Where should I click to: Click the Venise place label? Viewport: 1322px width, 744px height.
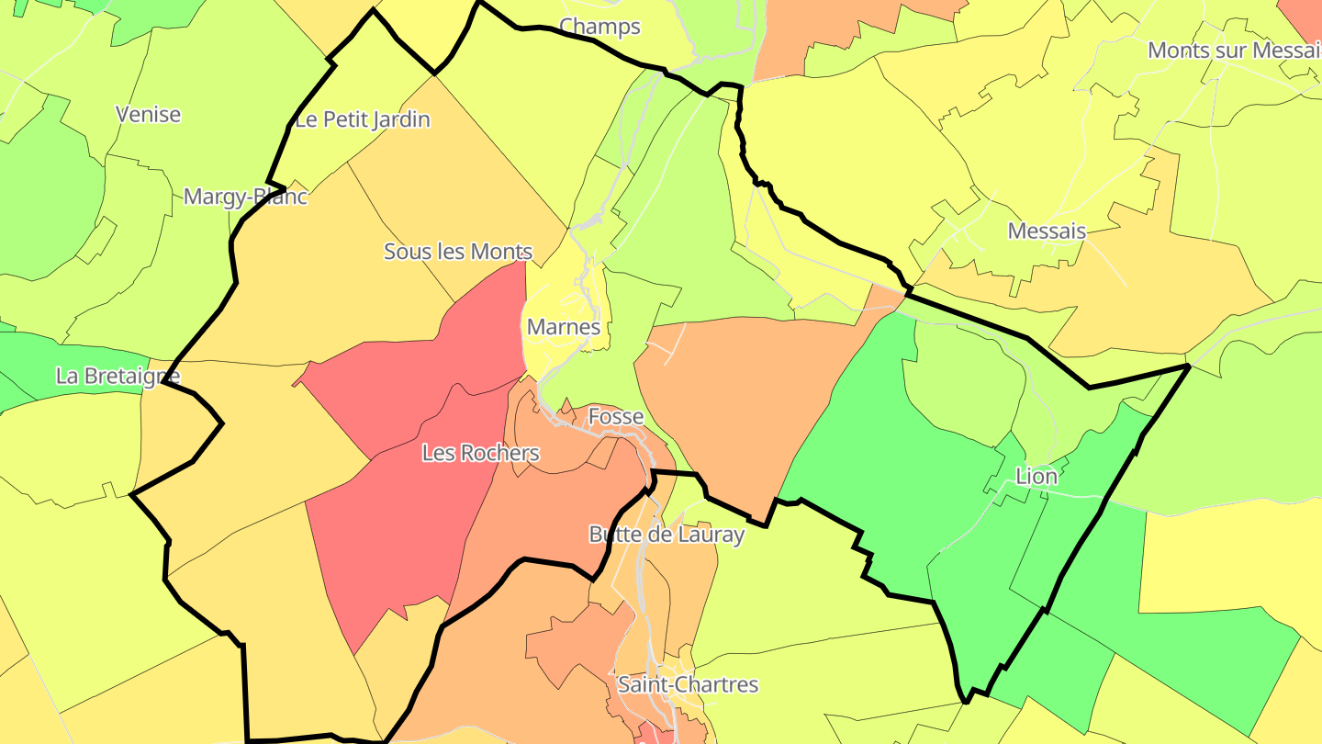[x=148, y=115]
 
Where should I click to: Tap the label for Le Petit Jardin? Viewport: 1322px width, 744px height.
[x=362, y=119]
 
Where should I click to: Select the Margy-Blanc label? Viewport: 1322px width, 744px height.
[x=245, y=197]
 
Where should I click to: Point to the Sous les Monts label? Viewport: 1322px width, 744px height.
[x=457, y=252]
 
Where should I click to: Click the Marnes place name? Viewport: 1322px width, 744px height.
[x=564, y=327]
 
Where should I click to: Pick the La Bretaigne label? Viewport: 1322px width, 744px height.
[x=118, y=376]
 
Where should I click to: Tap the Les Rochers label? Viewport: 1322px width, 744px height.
[x=480, y=453]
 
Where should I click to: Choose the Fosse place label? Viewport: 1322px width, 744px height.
[x=616, y=416]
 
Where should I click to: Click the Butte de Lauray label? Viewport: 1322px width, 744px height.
[x=666, y=535]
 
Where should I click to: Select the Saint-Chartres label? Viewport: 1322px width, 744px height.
[x=688, y=684]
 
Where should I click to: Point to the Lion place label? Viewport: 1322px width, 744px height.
[x=1036, y=476]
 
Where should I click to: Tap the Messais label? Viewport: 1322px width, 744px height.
[x=1047, y=231]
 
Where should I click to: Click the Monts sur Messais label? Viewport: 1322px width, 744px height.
[x=1234, y=51]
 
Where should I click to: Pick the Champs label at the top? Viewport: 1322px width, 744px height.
[x=599, y=27]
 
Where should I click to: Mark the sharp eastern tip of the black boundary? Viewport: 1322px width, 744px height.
[x=1188, y=366]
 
